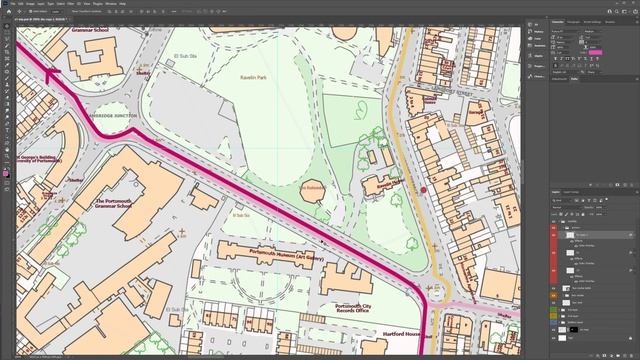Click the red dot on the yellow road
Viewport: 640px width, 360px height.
coord(423,188)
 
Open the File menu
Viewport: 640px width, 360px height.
coord(17,3)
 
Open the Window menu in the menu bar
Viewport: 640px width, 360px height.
coord(110,3)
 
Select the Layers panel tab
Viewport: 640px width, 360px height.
coord(557,191)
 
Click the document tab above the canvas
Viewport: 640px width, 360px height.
coord(45,21)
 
